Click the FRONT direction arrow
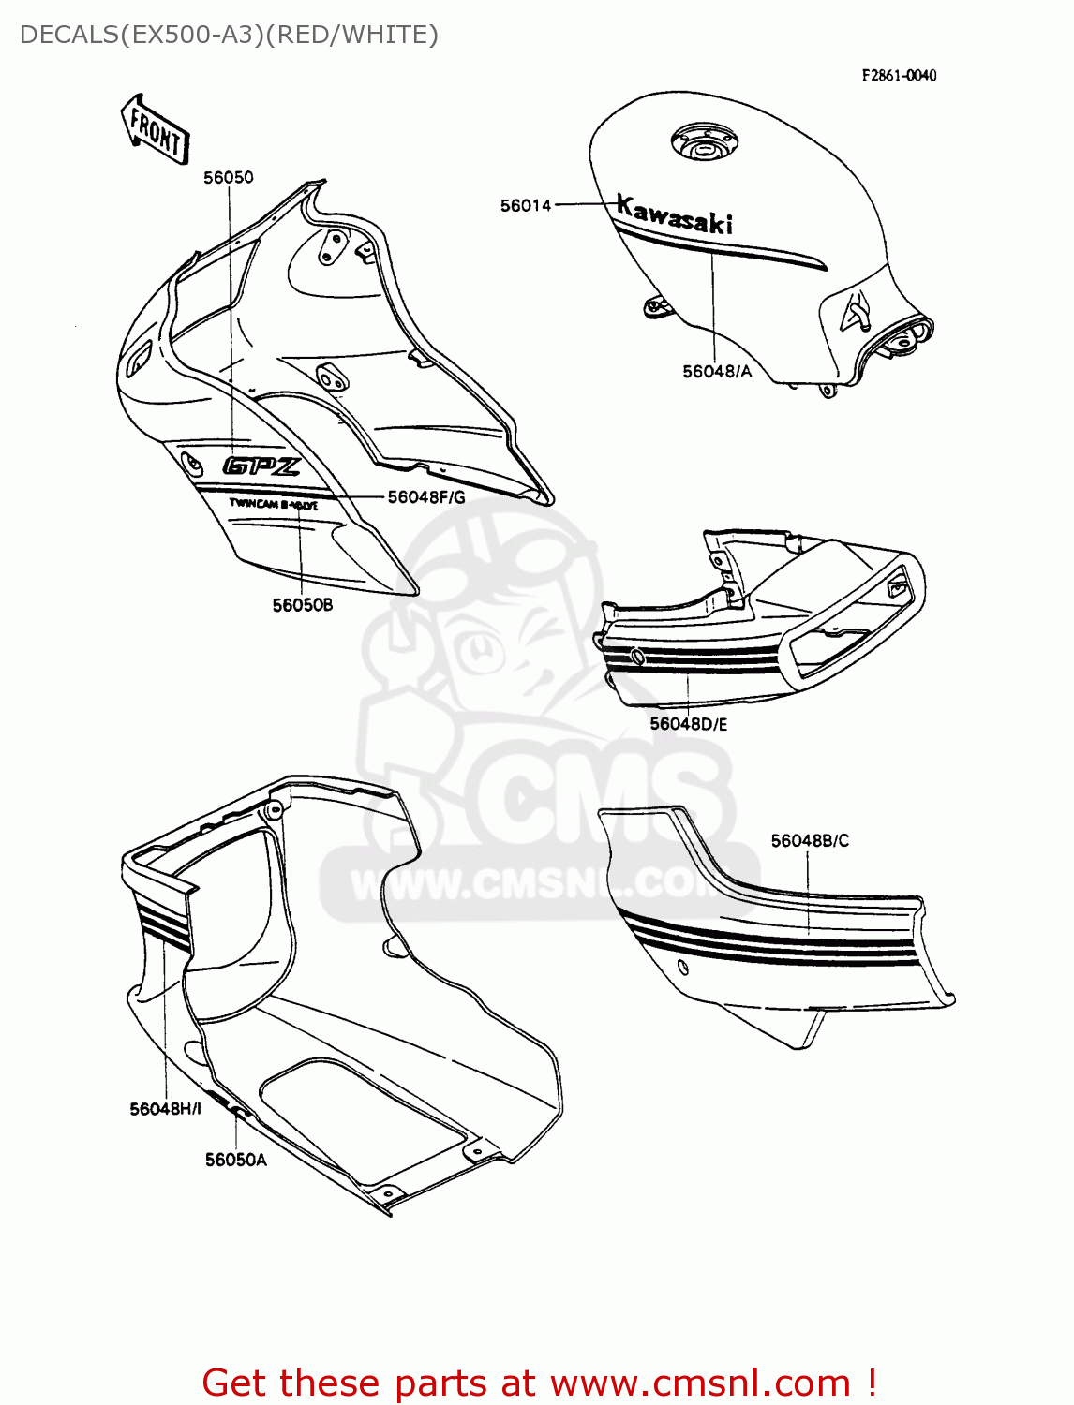tap(155, 130)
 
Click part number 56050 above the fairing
tap(229, 177)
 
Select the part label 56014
tap(526, 205)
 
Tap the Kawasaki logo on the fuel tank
tap(674, 215)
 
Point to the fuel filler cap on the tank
tap(703, 143)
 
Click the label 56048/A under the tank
tap(717, 372)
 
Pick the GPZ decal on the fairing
tap(261, 466)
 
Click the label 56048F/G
tap(426, 497)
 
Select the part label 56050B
tap(303, 605)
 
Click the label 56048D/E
tap(689, 724)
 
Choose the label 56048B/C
tap(810, 841)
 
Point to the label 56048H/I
tap(165, 1109)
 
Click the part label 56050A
tap(236, 1160)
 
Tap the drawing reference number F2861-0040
tap(899, 76)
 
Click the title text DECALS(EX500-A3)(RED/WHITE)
tap(229, 35)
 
